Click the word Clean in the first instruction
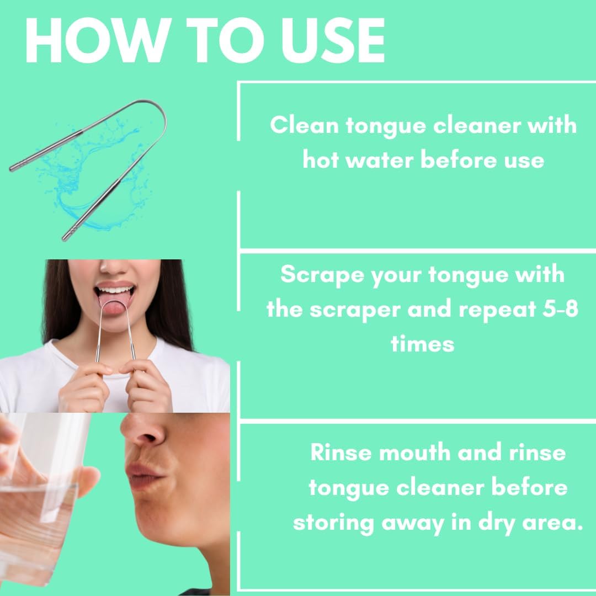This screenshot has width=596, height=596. [x=304, y=125]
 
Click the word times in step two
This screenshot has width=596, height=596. [x=422, y=344]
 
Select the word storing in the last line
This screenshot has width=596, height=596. [x=333, y=524]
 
